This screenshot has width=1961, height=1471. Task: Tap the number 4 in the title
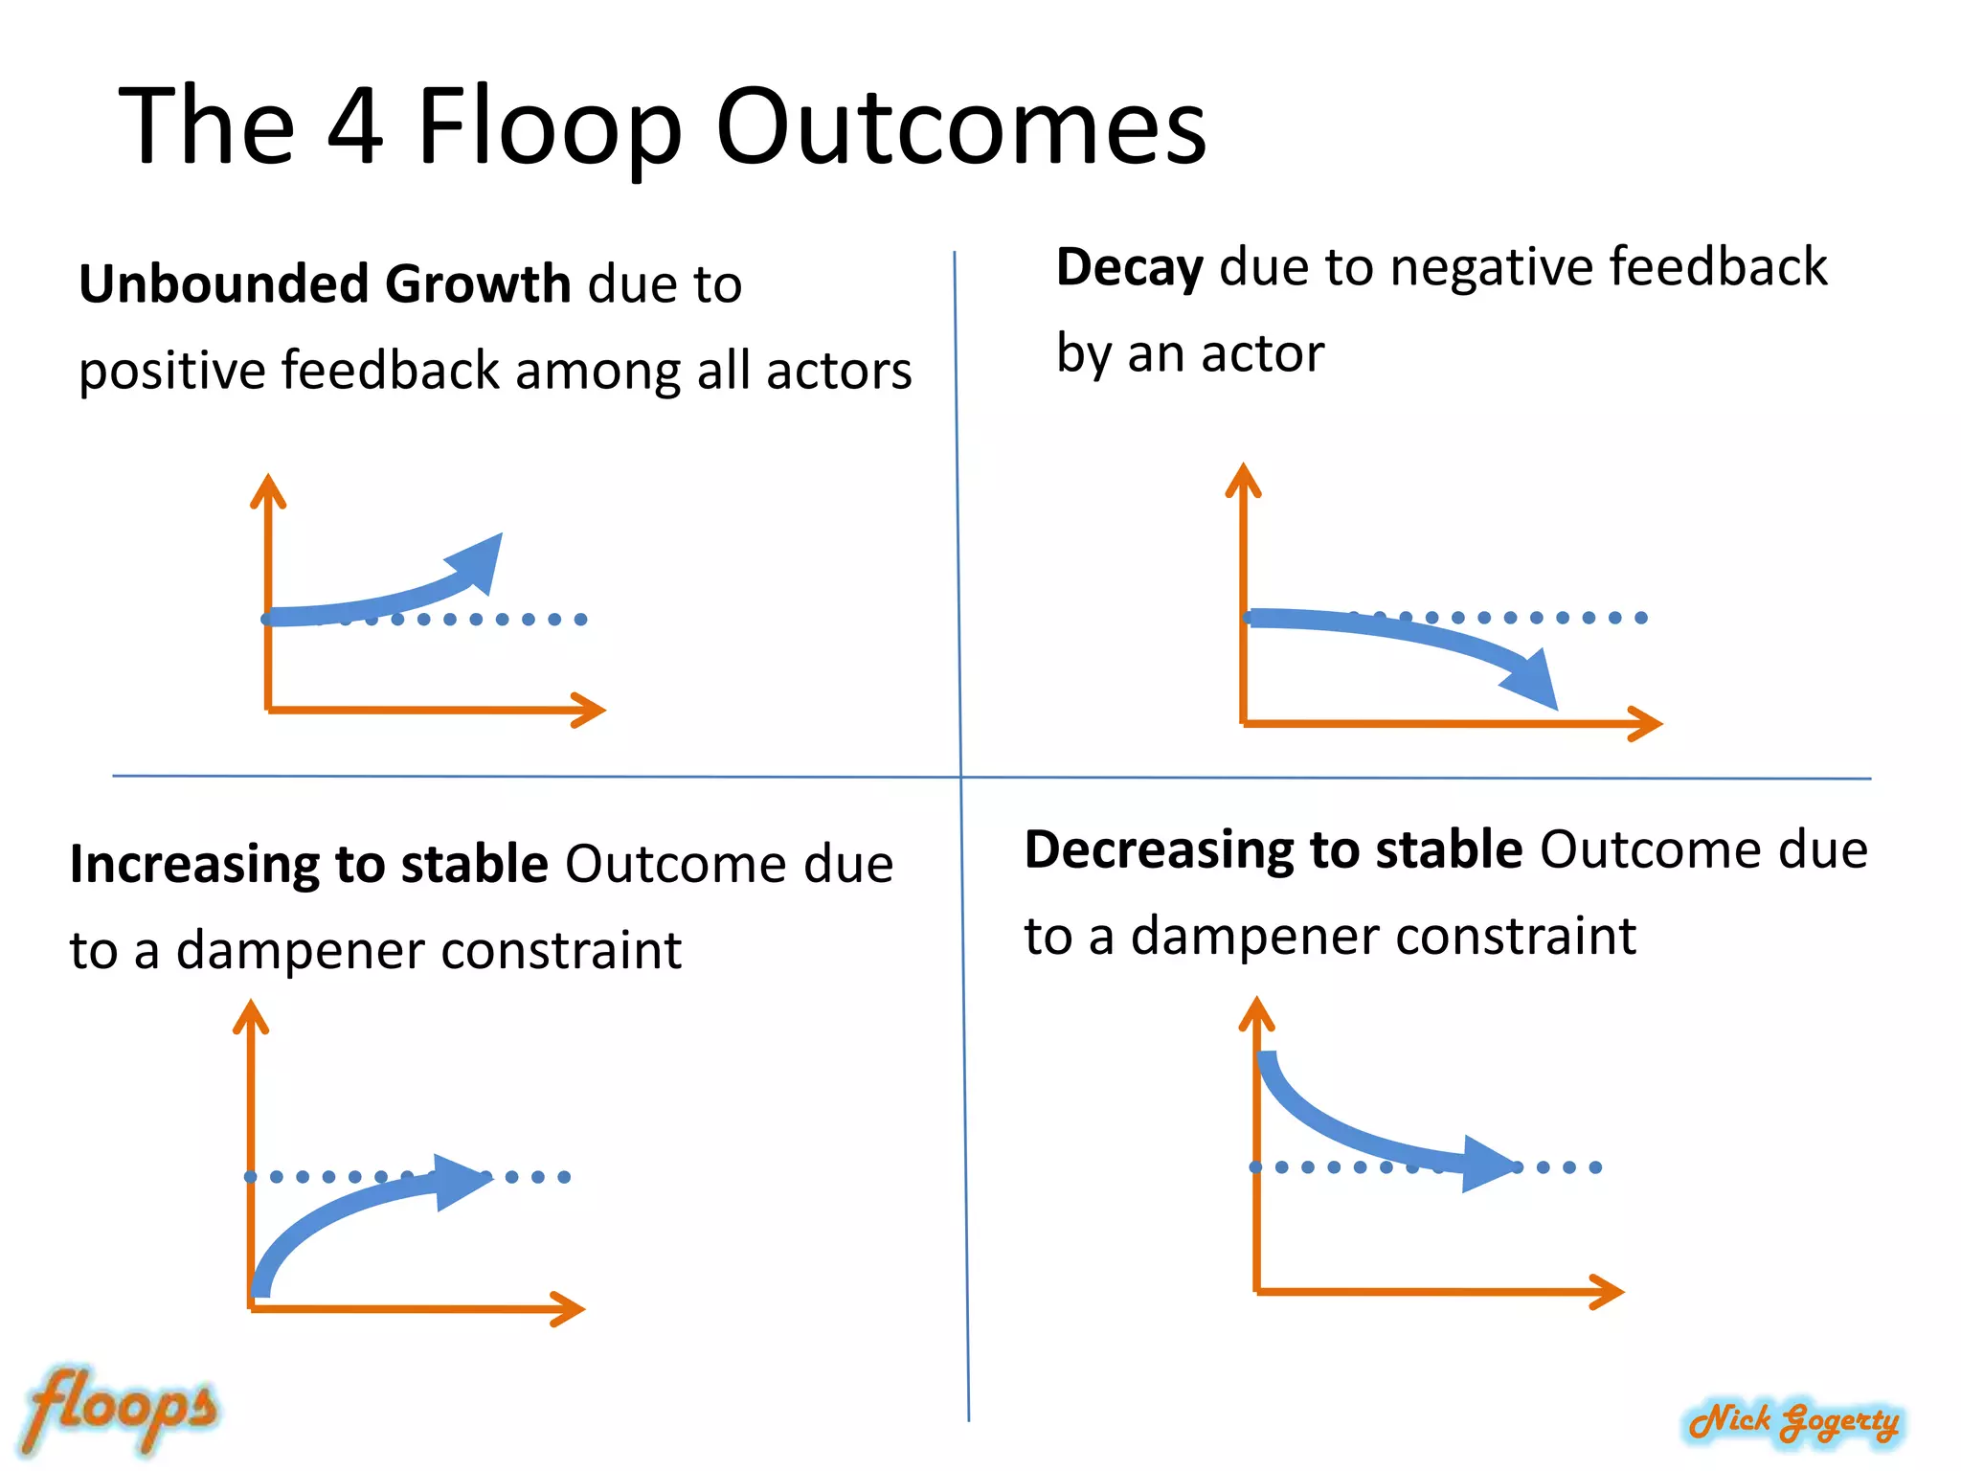click(x=355, y=126)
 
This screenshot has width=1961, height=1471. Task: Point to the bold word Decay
click(x=1129, y=267)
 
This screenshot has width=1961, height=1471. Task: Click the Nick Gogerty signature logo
click(x=1793, y=1420)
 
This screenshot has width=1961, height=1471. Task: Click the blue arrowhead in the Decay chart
click(x=1532, y=678)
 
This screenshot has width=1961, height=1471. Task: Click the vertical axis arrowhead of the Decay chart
click(x=1243, y=479)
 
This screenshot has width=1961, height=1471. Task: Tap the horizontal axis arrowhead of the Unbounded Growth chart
click(x=589, y=710)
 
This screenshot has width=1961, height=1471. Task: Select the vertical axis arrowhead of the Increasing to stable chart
click(x=251, y=1016)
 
